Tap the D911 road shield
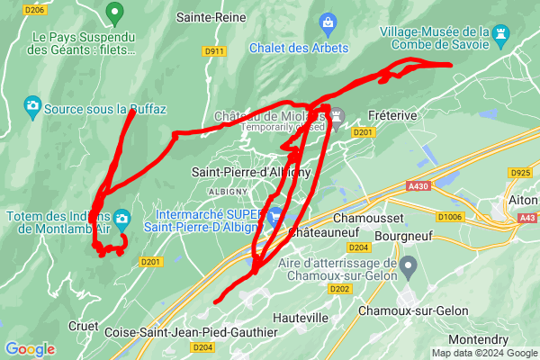[x=214, y=51]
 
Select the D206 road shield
[x=35, y=10]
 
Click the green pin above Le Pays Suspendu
[x=113, y=13]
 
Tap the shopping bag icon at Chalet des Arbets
[x=328, y=22]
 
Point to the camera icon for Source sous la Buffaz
[x=32, y=107]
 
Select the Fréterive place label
[x=392, y=116]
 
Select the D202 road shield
[x=339, y=289]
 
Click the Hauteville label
[x=300, y=318]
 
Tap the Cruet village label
[x=84, y=326]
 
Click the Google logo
[x=30, y=349]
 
